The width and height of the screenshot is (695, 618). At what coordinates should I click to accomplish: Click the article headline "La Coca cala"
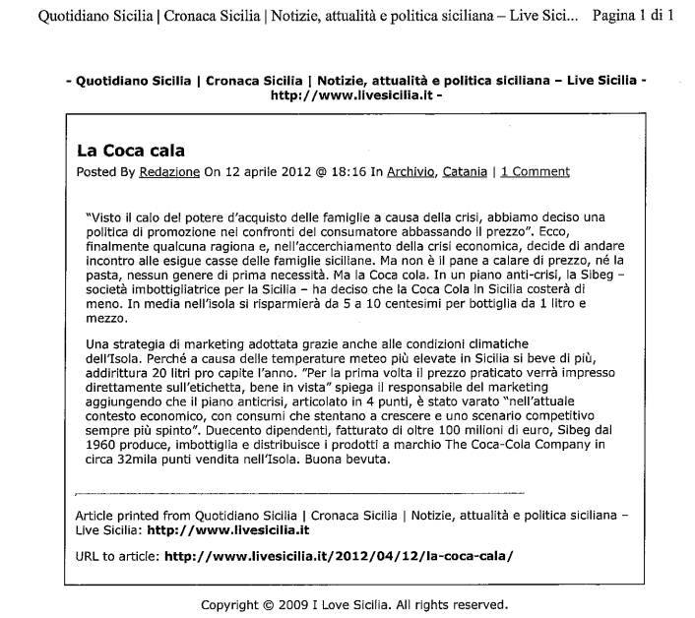pos(131,151)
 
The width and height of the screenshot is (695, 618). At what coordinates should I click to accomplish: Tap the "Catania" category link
pos(465,171)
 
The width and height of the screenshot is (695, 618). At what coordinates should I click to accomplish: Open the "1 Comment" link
pos(535,171)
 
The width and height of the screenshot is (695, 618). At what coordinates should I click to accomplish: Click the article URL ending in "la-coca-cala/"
pos(339,555)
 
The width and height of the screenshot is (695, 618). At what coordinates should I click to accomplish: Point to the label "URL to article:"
pos(117,555)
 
